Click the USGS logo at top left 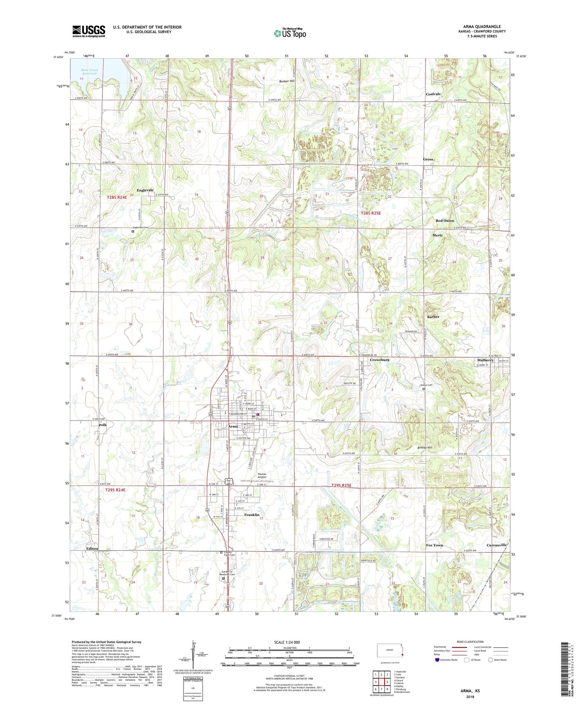tap(88, 31)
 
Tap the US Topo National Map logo tap(290, 33)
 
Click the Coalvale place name tap(433, 94)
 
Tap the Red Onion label tap(445, 221)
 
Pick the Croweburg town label tap(379, 360)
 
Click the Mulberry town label tap(485, 360)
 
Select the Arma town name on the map tap(233, 426)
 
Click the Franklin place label tap(252, 515)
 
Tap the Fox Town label tap(434, 545)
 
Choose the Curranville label tap(496, 545)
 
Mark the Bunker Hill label tap(287, 81)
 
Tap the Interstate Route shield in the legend tap(437, 660)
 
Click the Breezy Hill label tap(424, 448)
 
